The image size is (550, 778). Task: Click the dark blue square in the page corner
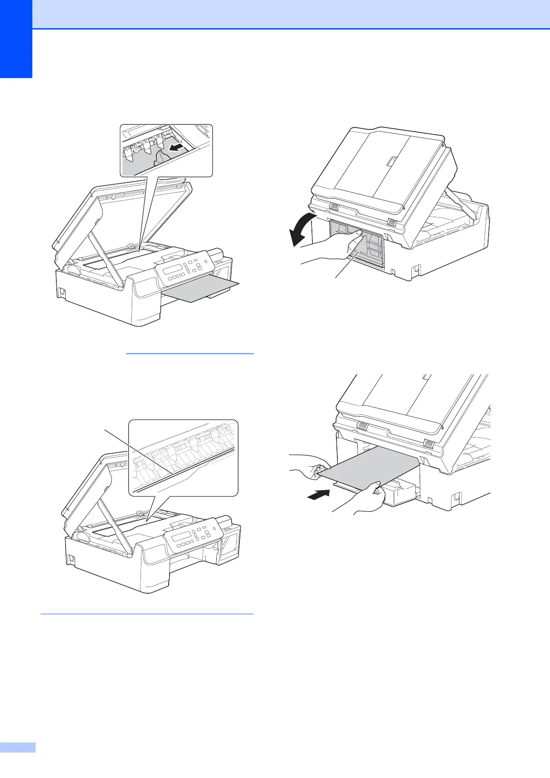16,39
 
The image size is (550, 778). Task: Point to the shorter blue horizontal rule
189,353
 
